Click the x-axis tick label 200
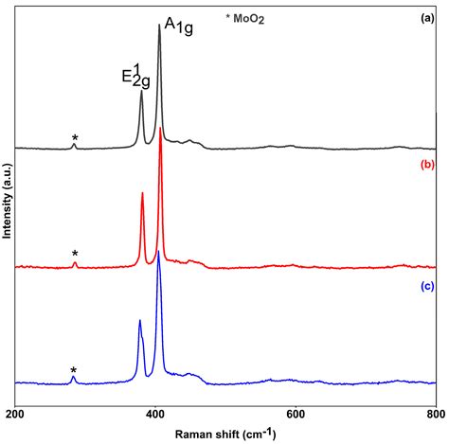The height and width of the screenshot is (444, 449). pos(15,414)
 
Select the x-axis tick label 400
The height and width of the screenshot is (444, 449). pos(155,414)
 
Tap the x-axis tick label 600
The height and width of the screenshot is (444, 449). pos(296,414)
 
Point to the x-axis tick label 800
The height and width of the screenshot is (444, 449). pos(435,414)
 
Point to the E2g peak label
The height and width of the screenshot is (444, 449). pos(135,75)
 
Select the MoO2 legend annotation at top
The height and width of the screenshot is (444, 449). pos(245,18)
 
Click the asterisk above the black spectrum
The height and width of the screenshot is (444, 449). pos(75,138)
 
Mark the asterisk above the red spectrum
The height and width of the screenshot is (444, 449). pos(75,254)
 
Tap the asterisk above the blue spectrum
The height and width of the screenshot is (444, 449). pos(74,370)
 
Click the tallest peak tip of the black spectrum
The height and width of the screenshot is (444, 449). pos(159,26)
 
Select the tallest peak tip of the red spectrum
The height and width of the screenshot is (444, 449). pos(161,128)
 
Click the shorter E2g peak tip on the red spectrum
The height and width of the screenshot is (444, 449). pos(142,193)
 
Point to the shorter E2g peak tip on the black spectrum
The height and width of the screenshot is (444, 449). pos(141,91)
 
